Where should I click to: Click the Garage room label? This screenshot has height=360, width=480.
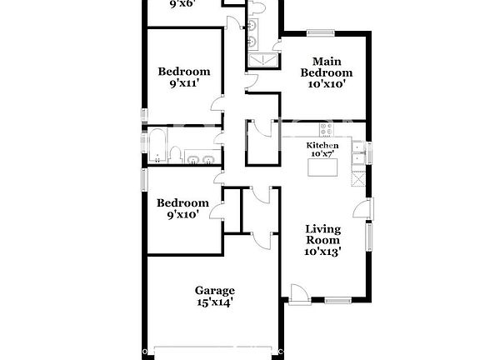pyautogui.click(x=214, y=290)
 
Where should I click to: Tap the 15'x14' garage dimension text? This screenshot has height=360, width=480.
pyautogui.click(x=214, y=304)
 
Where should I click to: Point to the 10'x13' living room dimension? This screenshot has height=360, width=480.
pyautogui.click(x=322, y=250)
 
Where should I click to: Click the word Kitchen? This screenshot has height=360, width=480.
pyautogui.click(x=322, y=144)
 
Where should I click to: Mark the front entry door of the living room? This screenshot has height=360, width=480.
pyautogui.click(x=297, y=292)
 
